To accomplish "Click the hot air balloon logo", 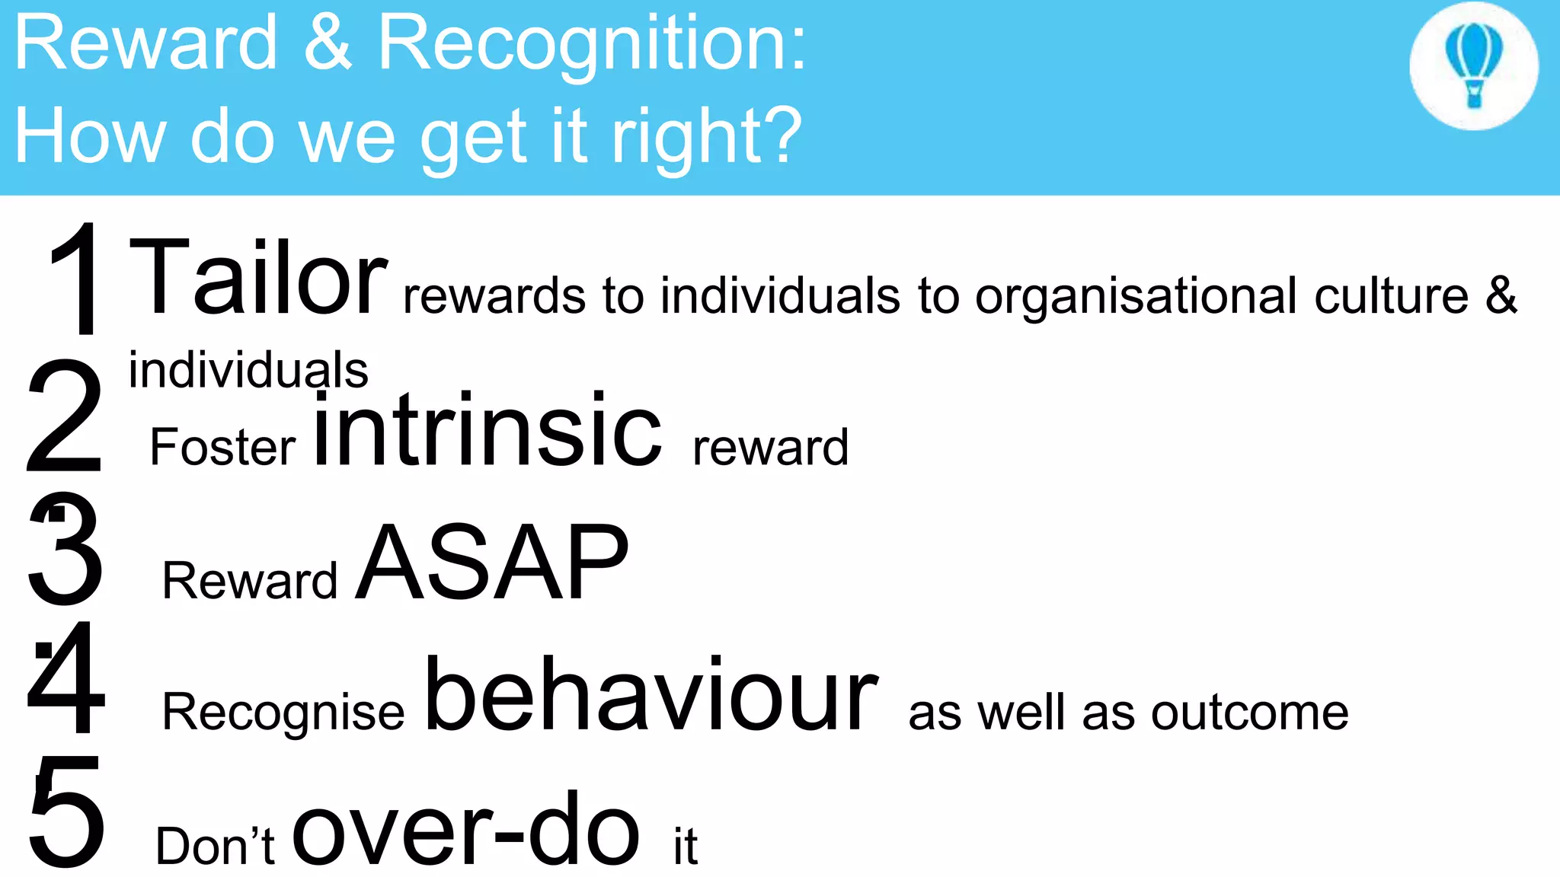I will (1474, 65).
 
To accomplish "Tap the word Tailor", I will (258, 277).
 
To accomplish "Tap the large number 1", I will (76, 279).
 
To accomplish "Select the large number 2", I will (64, 416).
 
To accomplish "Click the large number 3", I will (66, 548).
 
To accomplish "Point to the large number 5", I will (67, 812).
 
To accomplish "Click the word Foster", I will (222, 447).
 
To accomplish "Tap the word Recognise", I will (283, 713).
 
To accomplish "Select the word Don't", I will (215, 846).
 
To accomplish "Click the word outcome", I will (1249, 713).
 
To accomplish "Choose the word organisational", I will (1136, 297).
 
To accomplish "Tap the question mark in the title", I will (779, 134).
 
